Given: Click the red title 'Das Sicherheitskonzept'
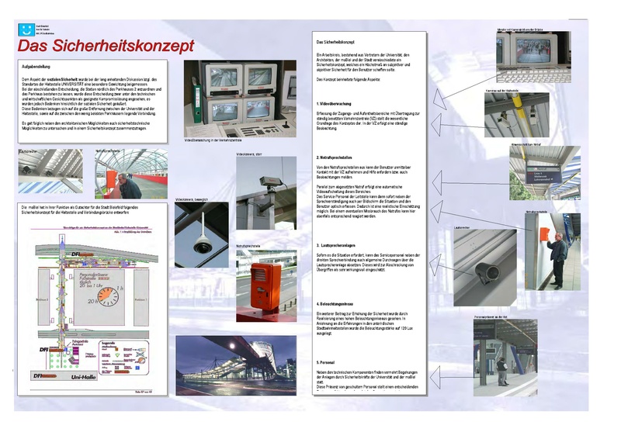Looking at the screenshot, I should [x=106, y=47].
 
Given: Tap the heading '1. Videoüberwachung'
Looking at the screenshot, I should [x=338, y=103].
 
